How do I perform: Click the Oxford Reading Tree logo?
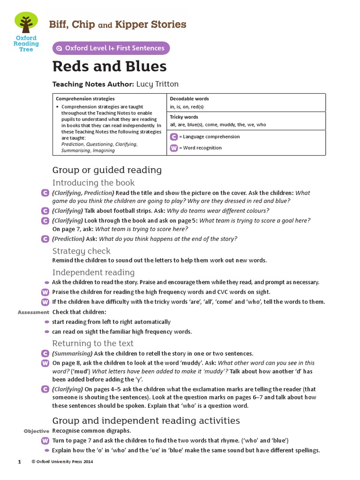pyautogui.click(x=26, y=32)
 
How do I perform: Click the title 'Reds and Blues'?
pyautogui.click(x=109, y=67)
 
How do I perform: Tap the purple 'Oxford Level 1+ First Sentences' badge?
pyautogui.click(x=111, y=48)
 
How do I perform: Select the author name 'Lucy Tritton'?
pyautogui.click(x=157, y=84)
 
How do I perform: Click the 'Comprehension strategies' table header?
pyautogui.click(x=85, y=99)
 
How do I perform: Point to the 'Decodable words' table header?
pyautogui.click(x=189, y=99)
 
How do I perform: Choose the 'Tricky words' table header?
pyautogui.click(x=184, y=117)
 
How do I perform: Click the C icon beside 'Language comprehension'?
pyautogui.click(x=174, y=137)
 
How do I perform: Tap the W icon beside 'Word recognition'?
pyautogui.click(x=174, y=148)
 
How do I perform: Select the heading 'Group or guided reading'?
pyautogui.click(x=107, y=170)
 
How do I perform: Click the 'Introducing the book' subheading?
pyautogui.click(x=93, y=183)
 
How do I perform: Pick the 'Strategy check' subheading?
pyautogui.click(x=81, y=251)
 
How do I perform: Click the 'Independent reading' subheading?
pyautogui.click(x=93, y=272)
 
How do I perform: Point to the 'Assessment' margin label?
pyautogui.click(x=33, y=312)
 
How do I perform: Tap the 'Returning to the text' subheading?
pyautogui.click(x=93, y=343)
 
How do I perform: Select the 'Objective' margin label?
pyautogui.click(x=37, y=431)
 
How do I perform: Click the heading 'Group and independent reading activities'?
pyautogui.click(x=146, y=420)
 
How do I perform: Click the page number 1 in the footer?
pyautogui.click(x=20, y=462)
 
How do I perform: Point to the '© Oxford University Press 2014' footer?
pyautogui.click(x=62, y=462)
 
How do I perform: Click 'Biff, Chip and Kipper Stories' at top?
pyautogui.click(x=118, y=24)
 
